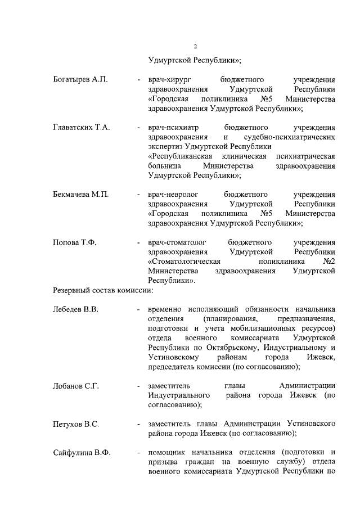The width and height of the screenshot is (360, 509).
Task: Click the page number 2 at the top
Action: point(195,46)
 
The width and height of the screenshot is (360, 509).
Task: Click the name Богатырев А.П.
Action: point(79,79)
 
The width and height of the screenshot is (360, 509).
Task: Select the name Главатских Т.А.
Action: point(81,127)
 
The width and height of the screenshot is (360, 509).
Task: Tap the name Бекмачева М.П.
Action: point(80,194)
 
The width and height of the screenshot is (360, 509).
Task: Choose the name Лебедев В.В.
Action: point(76,310)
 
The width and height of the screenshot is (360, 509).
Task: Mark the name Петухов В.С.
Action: point(76,424)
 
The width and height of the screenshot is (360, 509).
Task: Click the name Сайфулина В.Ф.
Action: point(82,452)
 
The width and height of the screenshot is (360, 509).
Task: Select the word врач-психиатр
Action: point(172,127)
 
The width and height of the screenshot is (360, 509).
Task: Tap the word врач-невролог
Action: point(172,194)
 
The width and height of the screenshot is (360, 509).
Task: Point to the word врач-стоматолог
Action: point(175,242)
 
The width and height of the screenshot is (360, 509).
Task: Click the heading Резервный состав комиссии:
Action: point(103,290)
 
